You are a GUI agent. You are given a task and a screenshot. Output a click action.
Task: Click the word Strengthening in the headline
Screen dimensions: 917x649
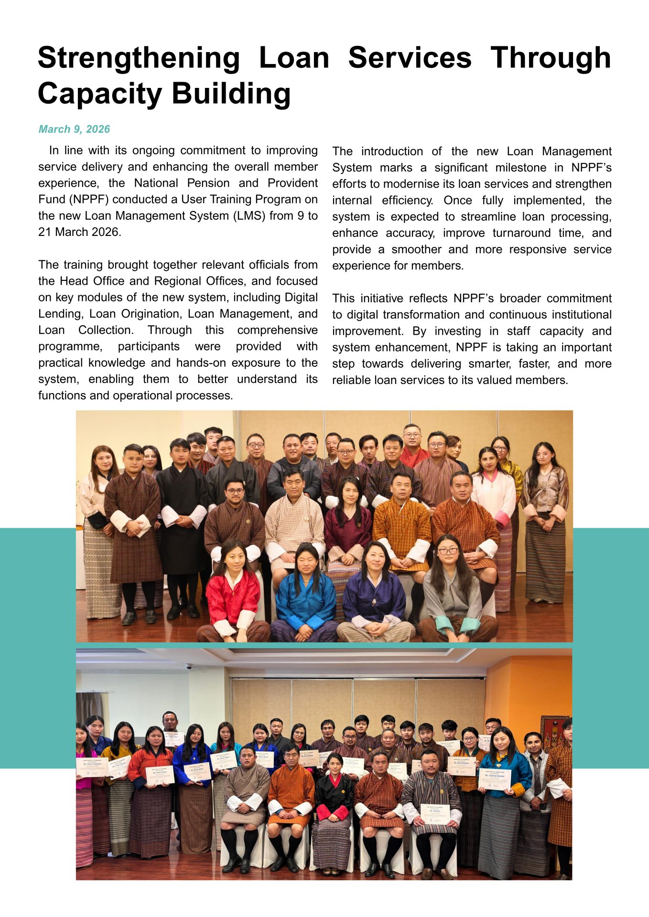(x=139, y=58)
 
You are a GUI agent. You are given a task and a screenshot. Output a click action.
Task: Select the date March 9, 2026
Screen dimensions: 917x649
(x=74, y=129)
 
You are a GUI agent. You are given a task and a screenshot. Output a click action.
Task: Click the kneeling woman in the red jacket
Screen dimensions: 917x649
(x=234, y=592)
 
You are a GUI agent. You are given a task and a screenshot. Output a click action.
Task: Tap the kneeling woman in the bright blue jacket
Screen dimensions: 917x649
(x=305, y=595)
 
